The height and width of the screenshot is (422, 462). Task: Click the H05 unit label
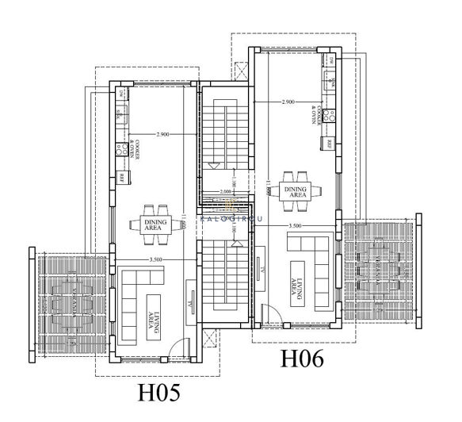[x=162, y=393]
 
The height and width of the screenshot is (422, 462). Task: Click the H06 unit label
[x=303, y=358]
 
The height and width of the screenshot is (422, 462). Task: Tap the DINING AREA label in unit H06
[x=297, y=190]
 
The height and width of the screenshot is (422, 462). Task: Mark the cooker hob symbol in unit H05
[x=121, y=148]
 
